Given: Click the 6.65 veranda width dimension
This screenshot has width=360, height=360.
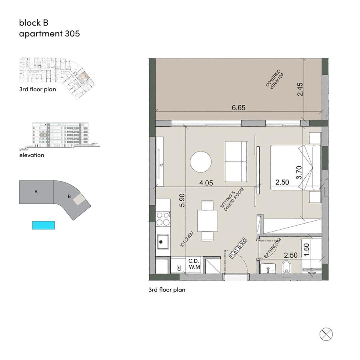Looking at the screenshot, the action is coord(238,108).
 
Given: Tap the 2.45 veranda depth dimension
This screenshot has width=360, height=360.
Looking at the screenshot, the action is coord(300,89).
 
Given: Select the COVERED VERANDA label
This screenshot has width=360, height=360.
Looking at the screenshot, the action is coord(275,79).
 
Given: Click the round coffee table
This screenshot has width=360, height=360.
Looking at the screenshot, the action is coord(201,162).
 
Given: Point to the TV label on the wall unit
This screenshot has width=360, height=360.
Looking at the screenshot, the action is coord(162,165).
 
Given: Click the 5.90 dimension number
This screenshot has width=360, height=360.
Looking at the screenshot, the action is coord(182,200).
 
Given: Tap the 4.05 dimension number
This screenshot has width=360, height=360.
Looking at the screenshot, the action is coord(206,183).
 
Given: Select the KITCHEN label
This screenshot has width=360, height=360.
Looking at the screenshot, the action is coord(187,239).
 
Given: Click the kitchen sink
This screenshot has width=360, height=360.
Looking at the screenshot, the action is coord(162,242).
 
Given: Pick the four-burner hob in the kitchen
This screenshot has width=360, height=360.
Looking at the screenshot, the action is coord(163,219).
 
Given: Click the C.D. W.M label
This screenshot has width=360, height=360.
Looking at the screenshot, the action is coord(194,264).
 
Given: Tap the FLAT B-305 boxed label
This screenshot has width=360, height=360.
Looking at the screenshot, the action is coord(238,248).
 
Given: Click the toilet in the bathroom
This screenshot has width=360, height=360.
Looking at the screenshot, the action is coord(286,267).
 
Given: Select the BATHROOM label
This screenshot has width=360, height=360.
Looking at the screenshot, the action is coord(272,248).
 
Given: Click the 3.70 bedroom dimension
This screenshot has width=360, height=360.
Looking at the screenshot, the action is coord(299,172).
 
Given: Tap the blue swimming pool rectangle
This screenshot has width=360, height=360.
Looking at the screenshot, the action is coord(44,225).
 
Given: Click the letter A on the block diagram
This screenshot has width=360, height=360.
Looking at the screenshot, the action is coord(36,192).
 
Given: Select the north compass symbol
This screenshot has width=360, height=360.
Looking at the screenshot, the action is coord(326,334).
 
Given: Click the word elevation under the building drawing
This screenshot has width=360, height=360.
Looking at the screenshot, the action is coord(32,155).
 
